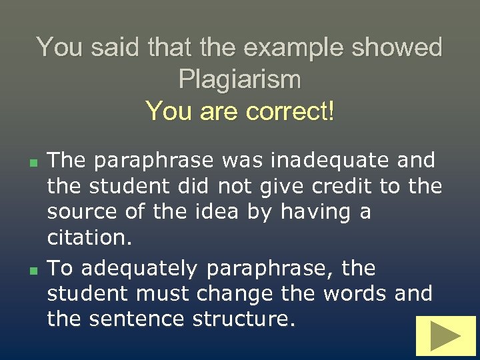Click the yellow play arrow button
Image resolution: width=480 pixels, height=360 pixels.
point(445,335)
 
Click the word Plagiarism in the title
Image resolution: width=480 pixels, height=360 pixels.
point(240,79)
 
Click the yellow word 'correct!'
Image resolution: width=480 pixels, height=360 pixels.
point(290,110)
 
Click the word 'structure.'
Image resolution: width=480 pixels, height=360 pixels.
point(243,319)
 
